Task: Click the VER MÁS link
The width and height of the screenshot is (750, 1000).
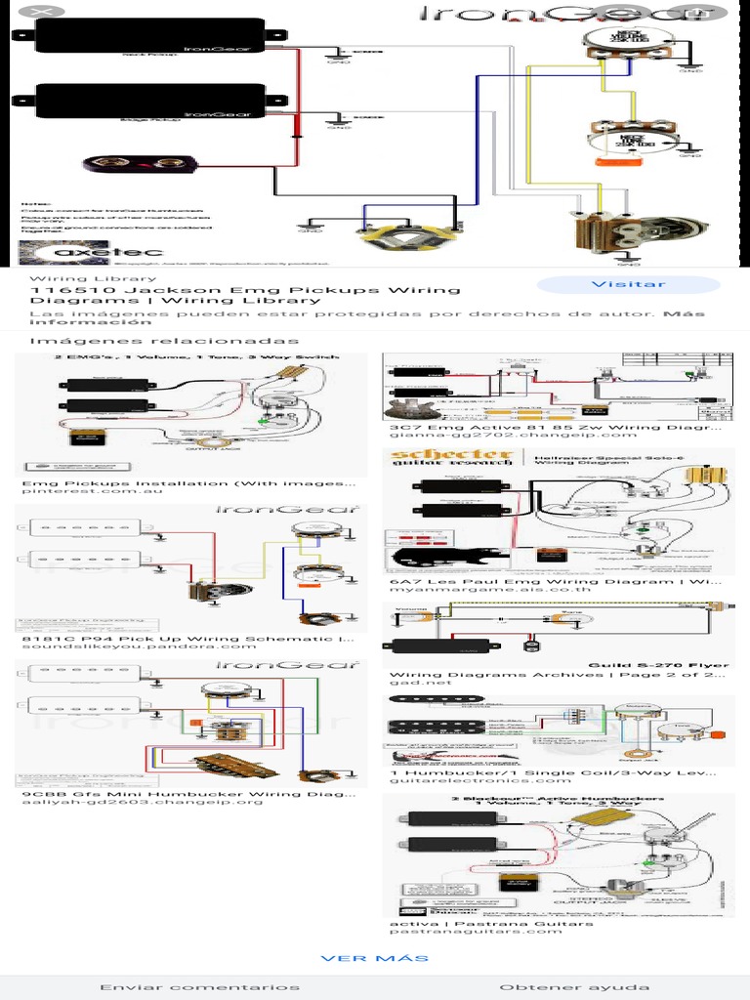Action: (x=375, y=958)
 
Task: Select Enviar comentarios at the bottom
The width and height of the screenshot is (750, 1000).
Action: (x=200, y=987)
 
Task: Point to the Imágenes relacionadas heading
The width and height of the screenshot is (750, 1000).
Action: (x=164, y=341)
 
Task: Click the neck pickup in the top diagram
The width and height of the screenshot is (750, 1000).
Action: (x=151, y=36)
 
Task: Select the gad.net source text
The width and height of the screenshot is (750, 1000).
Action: (x=411, y=685)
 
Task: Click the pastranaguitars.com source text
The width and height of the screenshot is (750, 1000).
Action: (x=476, y=932)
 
